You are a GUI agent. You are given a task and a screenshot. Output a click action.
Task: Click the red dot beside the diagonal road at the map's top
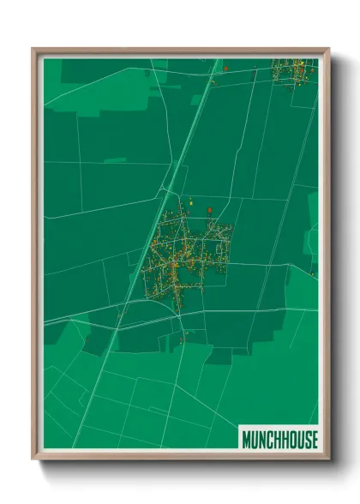225,67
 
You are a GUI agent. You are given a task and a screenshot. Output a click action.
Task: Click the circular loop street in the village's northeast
222,231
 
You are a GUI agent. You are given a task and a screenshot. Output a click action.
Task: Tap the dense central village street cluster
184,257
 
